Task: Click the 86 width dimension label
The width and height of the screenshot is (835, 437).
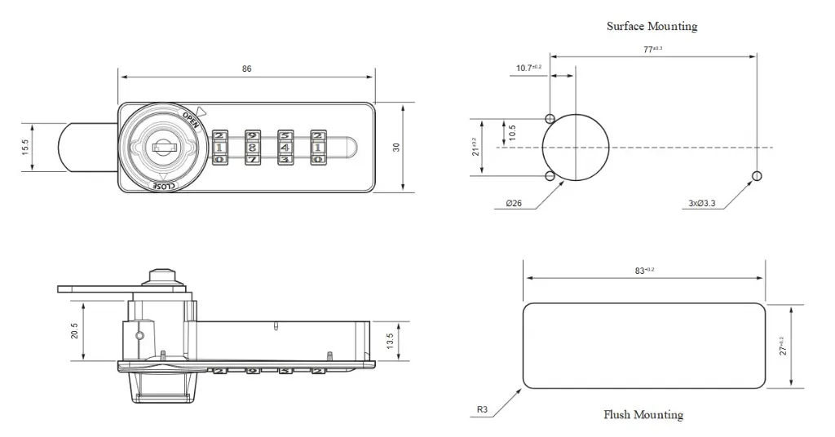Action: click(x=246, y=69)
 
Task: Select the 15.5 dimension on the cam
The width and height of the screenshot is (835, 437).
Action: click(x=25, y=148)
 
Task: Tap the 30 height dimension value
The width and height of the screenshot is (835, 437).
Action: click(x=397, y=148)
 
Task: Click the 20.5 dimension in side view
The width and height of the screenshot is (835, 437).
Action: click(x=74, y=329)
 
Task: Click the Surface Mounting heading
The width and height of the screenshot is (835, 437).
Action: click(x=652, y=26)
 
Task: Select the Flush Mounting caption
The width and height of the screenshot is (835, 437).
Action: click(x=643, y=414)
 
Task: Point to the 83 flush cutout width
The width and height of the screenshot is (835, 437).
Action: click(x=644, y=270)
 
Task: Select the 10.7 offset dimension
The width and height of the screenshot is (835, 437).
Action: click(x=528, y=68)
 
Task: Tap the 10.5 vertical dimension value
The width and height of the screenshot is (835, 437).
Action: click(x=512, y=133)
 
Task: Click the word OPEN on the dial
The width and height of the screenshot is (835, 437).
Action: click(x=191, y=119)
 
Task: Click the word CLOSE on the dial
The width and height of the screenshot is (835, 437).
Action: click(x=163, y=186)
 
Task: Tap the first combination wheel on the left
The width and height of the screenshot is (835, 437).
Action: click(x=220, y=148)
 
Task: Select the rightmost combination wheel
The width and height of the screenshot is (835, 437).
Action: click(x=317, y=148)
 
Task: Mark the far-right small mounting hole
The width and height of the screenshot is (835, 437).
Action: click(x=757, y=175)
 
